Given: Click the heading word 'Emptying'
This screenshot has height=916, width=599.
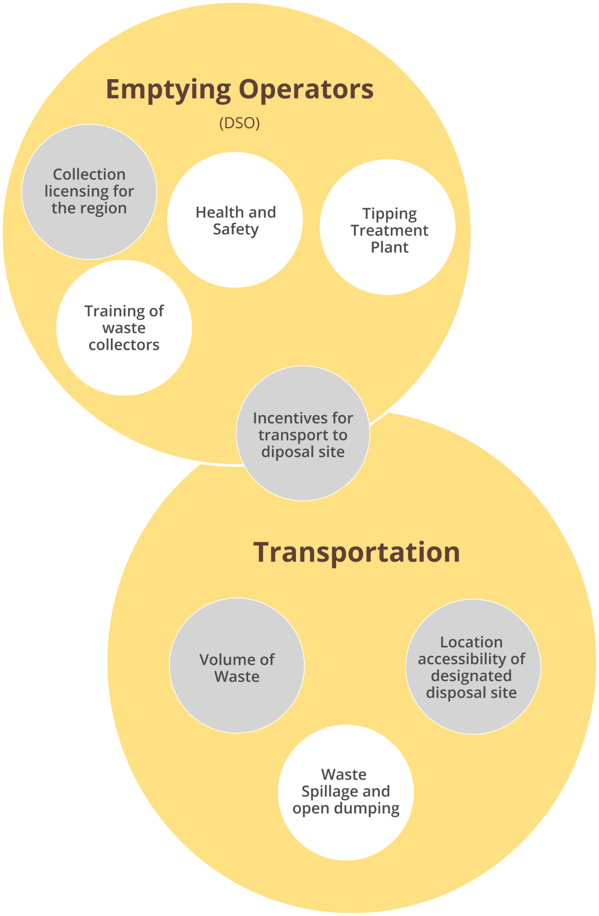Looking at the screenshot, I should click(168, 89).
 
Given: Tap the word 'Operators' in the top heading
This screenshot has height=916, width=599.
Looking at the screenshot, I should click(306, 89).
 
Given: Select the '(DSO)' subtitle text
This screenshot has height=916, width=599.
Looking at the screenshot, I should click(240, 123).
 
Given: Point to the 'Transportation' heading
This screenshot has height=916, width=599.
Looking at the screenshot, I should click(357, 552).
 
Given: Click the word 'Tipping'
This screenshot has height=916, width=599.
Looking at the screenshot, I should click(389, 214).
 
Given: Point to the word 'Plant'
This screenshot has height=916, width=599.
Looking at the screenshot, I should click(389, 247).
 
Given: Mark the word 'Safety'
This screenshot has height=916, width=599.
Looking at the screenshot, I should click(236, 229).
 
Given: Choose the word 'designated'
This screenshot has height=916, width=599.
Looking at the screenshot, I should click(471, 675).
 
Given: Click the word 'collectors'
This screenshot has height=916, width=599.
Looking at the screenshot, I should click(124, 345).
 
